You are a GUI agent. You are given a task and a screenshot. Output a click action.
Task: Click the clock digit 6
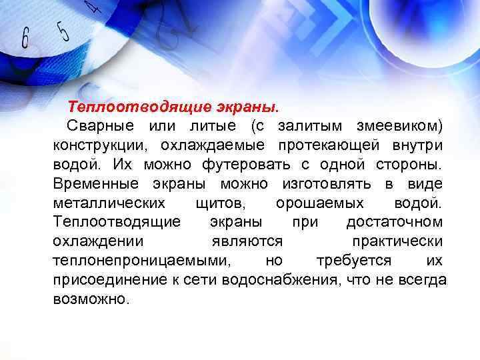(x=25, y=38)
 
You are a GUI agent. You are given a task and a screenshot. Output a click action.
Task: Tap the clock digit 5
(x=63, y=30)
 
